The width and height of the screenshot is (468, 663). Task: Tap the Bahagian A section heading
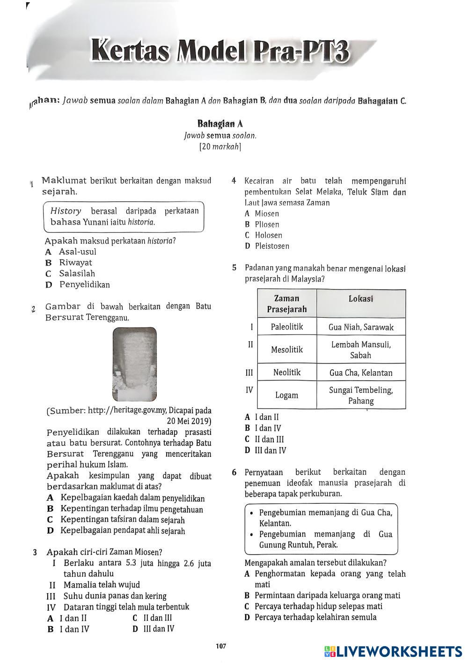[x=219, y=124]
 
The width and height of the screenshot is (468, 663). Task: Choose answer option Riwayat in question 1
[x=75, y=263]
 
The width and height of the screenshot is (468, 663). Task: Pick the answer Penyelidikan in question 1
[x=84, y=285]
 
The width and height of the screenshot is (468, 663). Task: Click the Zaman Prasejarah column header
[x=287, y=304]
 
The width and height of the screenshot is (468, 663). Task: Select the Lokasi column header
[x=361, y=299]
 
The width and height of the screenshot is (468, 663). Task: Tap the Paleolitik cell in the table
[x=287, y=327]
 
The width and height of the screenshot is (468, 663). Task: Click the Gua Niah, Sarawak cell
[x=361, y=327]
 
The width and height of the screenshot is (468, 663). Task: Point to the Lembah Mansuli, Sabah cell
[x=361, y=350]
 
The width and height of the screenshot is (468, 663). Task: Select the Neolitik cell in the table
[x=287, y=372]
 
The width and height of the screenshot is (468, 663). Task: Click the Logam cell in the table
[x=287, y=395]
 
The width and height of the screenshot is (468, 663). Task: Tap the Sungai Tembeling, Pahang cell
[x=361, y=395]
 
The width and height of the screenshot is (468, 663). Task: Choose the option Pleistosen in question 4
[x=271, y=246]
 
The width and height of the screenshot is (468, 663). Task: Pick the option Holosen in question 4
[x=268, y=235]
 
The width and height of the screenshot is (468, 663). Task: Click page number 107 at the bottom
[x=221, y=647]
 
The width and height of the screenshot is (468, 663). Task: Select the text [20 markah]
[x=220, y=147]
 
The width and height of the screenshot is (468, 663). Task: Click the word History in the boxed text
[x=66, y=211]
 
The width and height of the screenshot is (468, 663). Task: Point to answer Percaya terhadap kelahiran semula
[x=315, y=617]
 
